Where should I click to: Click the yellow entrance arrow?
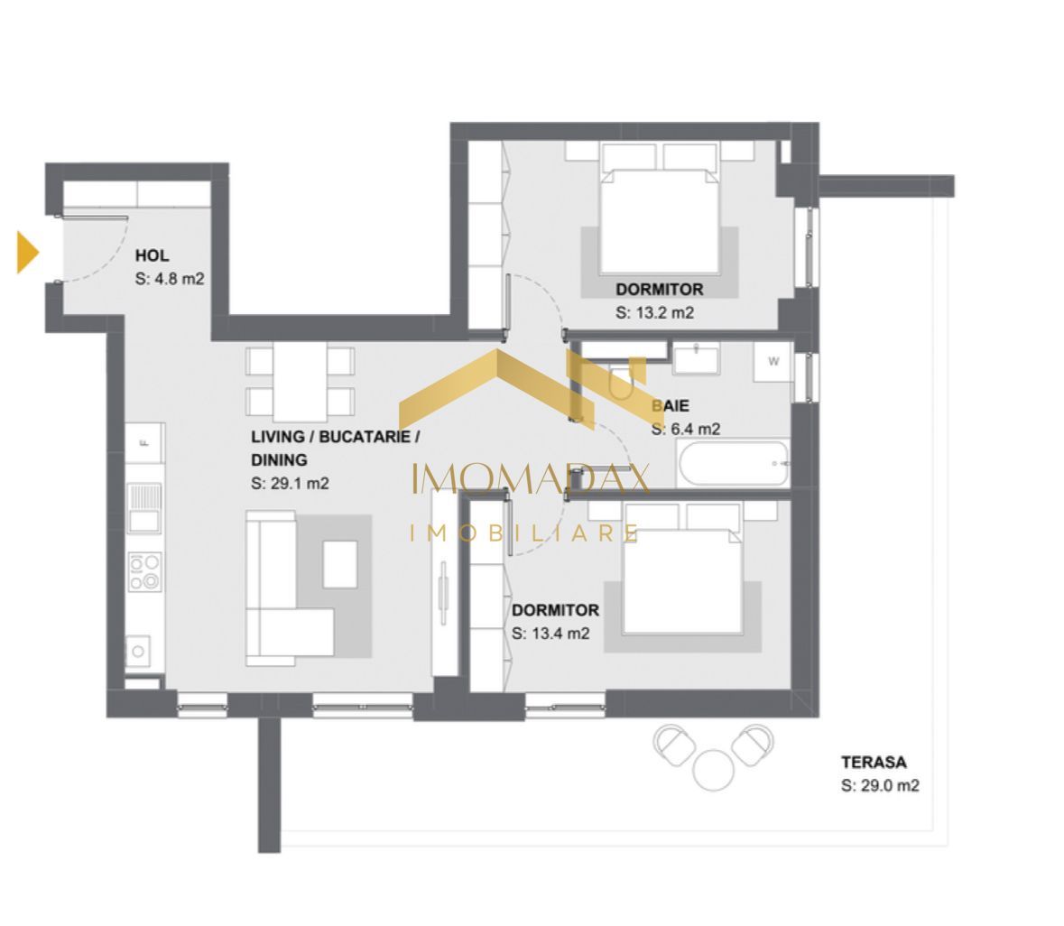tap(28, 252)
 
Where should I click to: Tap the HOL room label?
tap(152, 255)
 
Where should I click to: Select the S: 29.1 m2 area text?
tap(290, 483)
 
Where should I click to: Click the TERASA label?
tap(873, 762)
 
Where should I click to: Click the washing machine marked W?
tap(773, 361)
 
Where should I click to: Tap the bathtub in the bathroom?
tap(734, 463)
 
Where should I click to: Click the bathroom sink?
tap(696, 357)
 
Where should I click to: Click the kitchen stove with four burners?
tap(144, 570)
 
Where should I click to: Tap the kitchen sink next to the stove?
tap(143, 507)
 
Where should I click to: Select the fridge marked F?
tap(144, 442)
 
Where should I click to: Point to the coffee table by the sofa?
tap(339, 563)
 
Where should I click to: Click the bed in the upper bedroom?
tap(661, 219)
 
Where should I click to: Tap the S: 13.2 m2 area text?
tap(654, 313)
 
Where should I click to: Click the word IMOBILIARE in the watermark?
tap(525, 533)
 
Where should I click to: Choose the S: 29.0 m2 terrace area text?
tap(879, 785)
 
